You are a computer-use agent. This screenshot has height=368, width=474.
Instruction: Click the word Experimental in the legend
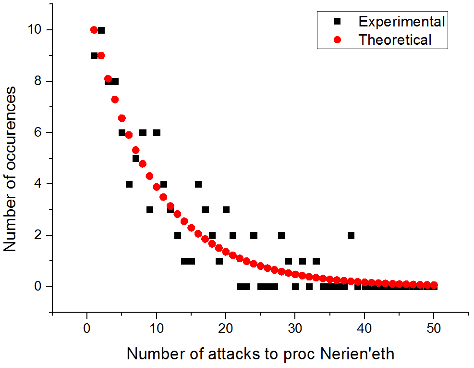point(401,22)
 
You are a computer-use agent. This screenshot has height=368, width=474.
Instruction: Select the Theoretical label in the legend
point(395,39)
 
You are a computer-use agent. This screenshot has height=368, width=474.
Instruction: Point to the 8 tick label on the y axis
point(35,81)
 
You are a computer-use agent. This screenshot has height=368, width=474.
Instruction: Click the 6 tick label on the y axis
point(35,132)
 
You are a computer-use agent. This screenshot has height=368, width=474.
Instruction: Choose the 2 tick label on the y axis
point(35,235)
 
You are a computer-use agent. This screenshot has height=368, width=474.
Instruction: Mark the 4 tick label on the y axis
point(35,184)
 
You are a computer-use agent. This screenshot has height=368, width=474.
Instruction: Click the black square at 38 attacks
point(351,235)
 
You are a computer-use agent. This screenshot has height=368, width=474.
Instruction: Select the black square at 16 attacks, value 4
point(198,184)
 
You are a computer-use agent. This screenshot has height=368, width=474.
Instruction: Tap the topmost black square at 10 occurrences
point(101,30)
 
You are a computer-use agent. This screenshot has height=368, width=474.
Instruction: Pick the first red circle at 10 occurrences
point(94,30)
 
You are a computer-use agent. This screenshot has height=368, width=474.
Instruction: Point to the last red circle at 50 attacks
point(434,285)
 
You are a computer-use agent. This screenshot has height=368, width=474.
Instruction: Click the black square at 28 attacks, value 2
point(281,235)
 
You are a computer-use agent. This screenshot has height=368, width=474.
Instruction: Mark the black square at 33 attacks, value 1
point(316,261)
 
